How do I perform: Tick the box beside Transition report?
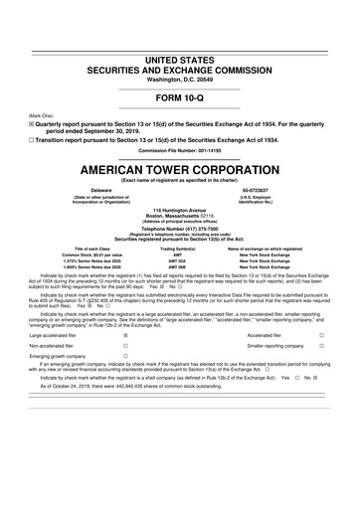pos(30,136)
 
